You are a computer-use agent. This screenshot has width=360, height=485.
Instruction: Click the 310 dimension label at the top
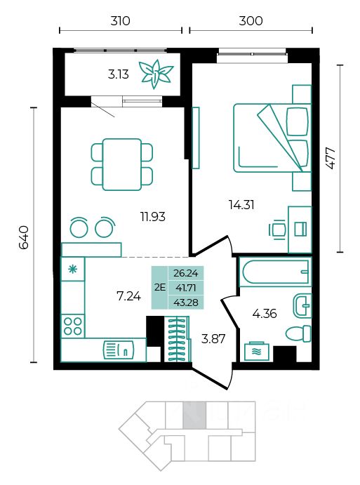[120, 21]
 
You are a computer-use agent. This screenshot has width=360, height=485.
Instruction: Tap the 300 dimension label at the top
[251, 21]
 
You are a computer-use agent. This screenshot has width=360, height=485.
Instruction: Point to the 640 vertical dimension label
[24, 237]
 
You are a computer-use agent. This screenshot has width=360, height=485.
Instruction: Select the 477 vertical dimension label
[331, 158]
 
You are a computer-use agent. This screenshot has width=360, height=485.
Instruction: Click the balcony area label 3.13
[119, 74]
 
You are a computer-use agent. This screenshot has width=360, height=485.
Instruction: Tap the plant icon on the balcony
[156, 74]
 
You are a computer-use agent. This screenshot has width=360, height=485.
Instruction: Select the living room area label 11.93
[153, 216]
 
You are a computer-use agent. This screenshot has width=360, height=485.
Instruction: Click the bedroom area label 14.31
[241, 204]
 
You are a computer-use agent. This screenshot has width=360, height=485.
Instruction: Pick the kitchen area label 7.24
[128, 296]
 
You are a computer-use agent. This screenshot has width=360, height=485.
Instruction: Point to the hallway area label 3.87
[213, 339]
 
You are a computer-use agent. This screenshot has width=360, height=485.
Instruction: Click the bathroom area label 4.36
[265, 314]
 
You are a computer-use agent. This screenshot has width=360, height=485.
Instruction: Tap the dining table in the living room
[122, 164]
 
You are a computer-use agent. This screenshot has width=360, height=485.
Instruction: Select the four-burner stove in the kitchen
[73, 326]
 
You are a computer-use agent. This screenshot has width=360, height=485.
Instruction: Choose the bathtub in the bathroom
[275, 272]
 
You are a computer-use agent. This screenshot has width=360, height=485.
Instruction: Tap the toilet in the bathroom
[298, 334]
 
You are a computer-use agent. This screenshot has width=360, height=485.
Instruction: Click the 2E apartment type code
[160, 287]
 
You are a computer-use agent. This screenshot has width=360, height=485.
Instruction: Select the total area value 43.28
[186, 303]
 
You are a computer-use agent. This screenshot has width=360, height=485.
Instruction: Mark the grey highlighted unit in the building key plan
[194, 415]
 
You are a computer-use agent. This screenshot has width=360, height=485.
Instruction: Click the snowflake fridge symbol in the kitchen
[73, 270]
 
